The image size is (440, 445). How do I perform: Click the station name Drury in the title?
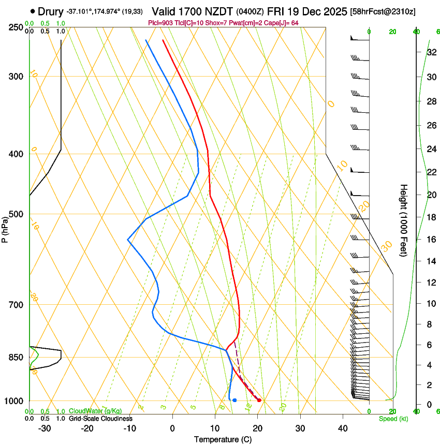pos(51,11)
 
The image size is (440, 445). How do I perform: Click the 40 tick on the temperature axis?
pos(342,428)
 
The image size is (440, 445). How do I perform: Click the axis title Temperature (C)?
pos(223,439)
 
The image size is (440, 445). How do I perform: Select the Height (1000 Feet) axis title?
pos(404,220)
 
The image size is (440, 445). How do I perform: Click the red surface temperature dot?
pos(259,400)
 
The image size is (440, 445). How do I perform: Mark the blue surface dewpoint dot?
pos(234,400)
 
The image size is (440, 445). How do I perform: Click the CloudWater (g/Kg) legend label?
pos(95,411)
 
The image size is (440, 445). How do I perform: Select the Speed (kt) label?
pos(393,419)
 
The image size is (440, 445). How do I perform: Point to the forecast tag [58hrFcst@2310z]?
pos(383,11)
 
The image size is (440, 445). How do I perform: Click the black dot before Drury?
pos(33,11)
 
